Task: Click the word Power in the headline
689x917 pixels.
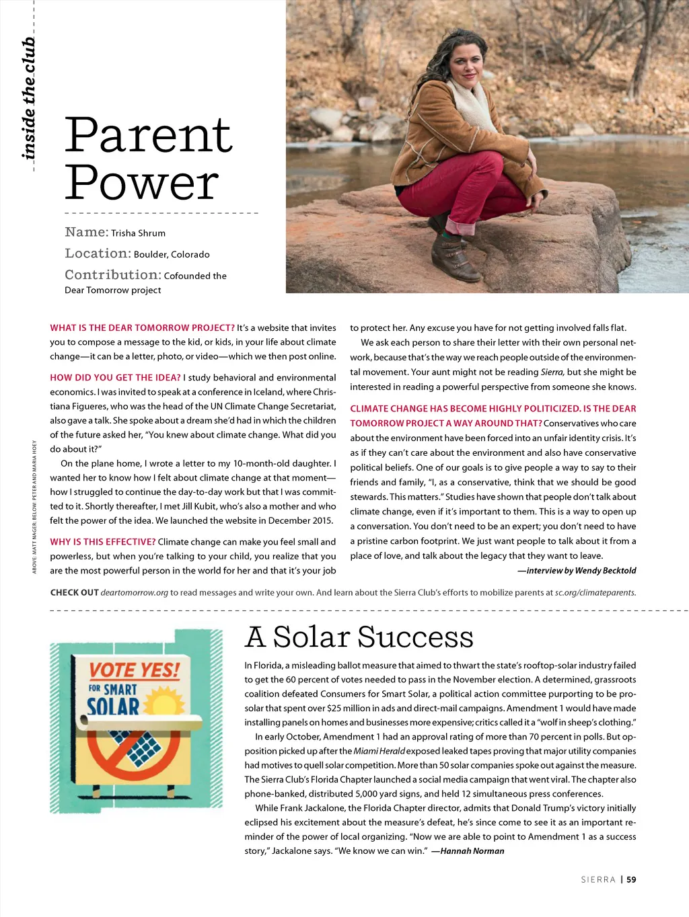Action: pos(141,182)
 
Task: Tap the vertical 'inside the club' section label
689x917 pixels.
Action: pos(29,99)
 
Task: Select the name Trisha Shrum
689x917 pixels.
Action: pos(138,233)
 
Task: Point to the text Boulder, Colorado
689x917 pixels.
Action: pos(172,255)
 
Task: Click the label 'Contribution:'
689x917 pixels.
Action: pos(112,275)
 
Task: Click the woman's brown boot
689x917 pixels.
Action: pos(452,257)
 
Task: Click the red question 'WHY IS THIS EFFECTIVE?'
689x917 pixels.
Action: pos(102,542)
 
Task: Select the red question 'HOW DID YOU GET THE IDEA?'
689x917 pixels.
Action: pos(115,378)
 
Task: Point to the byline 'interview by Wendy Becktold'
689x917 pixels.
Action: pos(577,571)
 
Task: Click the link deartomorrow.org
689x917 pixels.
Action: pos(135,593)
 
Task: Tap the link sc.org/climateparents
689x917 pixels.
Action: pos(595,593)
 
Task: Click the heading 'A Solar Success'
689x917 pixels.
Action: pos(359,637)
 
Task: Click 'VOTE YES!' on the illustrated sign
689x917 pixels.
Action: pos(135,670)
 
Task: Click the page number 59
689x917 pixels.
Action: pos(631,879)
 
